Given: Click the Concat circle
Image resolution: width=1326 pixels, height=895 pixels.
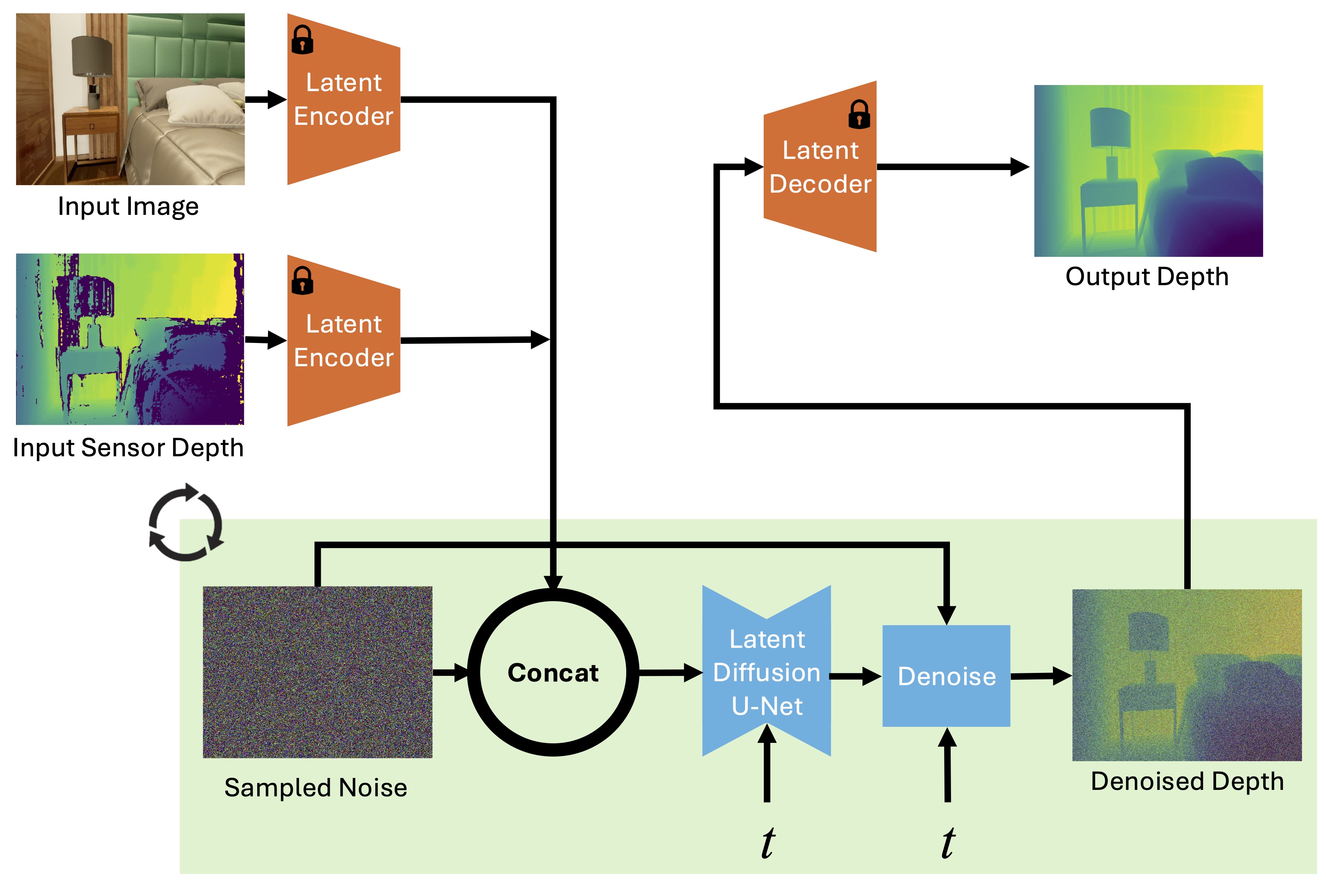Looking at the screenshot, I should (553, 673).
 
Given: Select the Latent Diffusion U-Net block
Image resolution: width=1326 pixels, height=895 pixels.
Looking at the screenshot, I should (766, 672).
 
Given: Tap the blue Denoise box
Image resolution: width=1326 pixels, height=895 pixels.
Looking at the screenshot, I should (946, 676).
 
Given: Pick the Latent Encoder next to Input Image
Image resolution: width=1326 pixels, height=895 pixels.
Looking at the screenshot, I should (343, 99).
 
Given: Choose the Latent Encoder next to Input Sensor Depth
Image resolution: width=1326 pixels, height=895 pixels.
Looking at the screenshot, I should (343, 340).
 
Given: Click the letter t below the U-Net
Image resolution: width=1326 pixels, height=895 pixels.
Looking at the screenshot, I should (768, 843).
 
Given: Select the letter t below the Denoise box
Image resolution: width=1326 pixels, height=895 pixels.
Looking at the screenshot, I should (948, 843).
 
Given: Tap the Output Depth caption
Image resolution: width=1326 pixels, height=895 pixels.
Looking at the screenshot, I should (1147, 277).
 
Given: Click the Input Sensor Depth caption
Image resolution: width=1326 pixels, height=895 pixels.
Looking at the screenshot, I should (128, 448).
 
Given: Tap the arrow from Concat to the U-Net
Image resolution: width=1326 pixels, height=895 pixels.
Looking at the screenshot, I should (670, 673).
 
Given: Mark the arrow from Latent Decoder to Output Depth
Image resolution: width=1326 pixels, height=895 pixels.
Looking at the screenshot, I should (953, 167).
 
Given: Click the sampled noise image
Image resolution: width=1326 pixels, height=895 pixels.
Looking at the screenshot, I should (317, 672).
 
